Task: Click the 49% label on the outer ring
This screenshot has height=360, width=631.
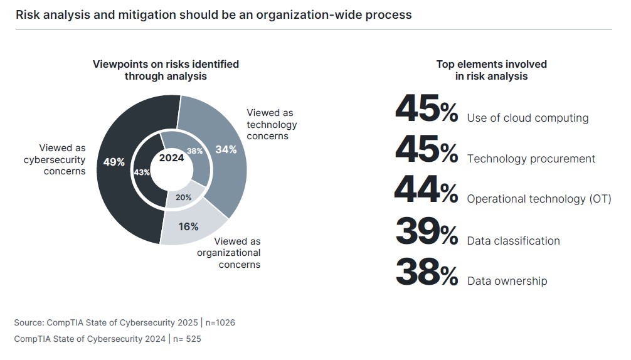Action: [114, 162]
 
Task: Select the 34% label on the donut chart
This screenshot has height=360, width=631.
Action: [226, 149]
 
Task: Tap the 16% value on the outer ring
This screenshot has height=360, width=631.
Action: [188, 226]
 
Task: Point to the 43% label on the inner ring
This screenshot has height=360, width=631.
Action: [142, 172]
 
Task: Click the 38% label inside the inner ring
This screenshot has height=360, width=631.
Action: [195, 151]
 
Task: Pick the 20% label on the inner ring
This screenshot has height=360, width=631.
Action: [183, 198]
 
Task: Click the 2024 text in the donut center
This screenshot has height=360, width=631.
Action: [171, 158]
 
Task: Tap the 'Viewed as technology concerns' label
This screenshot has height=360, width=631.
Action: [271, 124]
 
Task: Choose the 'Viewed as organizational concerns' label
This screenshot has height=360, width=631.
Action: [230, 253]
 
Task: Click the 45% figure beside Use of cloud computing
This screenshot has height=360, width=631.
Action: [427, 110]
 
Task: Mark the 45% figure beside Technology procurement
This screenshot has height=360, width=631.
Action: [427, 151]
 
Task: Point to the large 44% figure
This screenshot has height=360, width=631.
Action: [427, 191]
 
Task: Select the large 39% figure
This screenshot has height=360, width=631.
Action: [427, 233]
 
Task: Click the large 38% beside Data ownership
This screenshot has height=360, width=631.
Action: [427, 273]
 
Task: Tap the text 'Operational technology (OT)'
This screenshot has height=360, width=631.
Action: [539, 199]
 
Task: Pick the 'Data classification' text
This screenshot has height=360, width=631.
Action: [513, 241]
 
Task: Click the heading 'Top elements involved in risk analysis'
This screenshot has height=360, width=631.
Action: [491, 70]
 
